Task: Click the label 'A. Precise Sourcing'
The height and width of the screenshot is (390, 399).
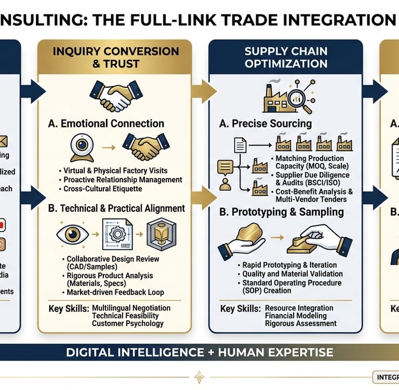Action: coord(266,124)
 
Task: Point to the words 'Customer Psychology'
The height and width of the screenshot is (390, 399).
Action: coord(127,323)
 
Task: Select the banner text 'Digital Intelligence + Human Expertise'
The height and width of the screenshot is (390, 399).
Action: coord(199,353)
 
